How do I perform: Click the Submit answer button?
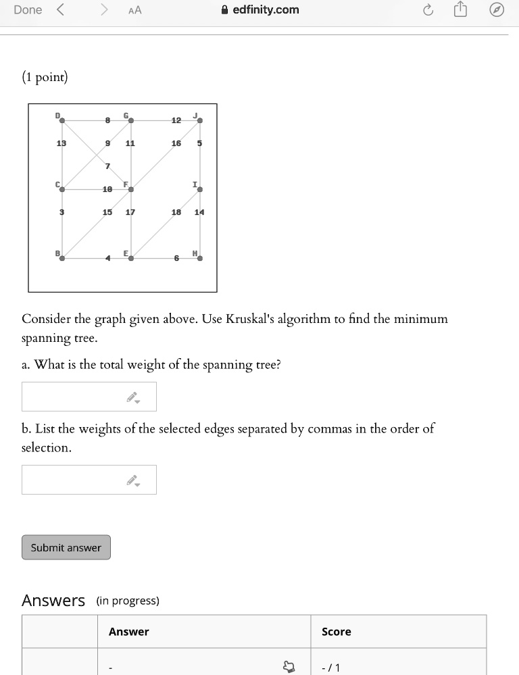pos(66,547)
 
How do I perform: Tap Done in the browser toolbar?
pos(28,10)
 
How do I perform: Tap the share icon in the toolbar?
pos(460,10)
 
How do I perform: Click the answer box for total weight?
pos(89,397)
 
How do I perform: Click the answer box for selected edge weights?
pos(89,480)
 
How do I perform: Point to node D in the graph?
pos(62,120)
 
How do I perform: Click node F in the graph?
pos(131,190)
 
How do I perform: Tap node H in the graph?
pos(200,258)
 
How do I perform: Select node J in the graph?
pos(200,120)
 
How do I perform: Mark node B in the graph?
pos(62,258)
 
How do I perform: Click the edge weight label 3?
pos(61,212)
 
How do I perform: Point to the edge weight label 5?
pos(199,143)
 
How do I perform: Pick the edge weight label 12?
pos(176,120)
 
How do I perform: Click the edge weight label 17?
pos(130,212)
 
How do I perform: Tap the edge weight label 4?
pos(107,258)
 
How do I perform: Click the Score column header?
pos(336,632)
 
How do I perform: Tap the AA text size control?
pos(134,10)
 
